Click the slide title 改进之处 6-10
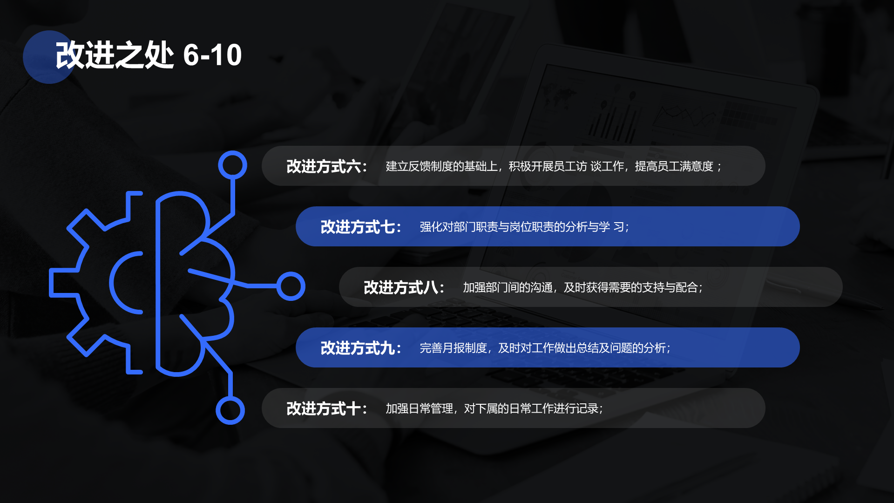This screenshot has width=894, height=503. [149, 55]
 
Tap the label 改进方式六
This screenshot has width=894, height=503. [323, 166]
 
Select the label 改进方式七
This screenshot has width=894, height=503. [357, 227]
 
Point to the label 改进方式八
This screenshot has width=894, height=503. [400, 287]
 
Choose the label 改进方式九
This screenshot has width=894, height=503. [357, 348]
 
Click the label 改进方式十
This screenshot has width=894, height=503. [323, 408]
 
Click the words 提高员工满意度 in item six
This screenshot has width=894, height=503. [674, 166]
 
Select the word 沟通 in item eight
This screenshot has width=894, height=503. [541, 287]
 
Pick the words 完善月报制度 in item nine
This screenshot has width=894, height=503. [453, 348]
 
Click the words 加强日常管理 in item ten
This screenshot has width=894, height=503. [419, 408]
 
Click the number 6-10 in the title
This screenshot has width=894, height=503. [212, 55]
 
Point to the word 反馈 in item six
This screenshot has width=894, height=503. [419, 166]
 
